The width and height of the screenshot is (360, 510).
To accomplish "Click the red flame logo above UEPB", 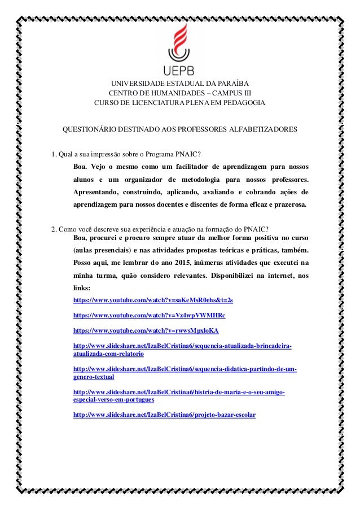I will point(179,42).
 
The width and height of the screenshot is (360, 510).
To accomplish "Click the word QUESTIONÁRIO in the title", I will point(89,129).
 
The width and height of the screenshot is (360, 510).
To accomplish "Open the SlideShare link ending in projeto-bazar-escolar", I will point(164,415).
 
